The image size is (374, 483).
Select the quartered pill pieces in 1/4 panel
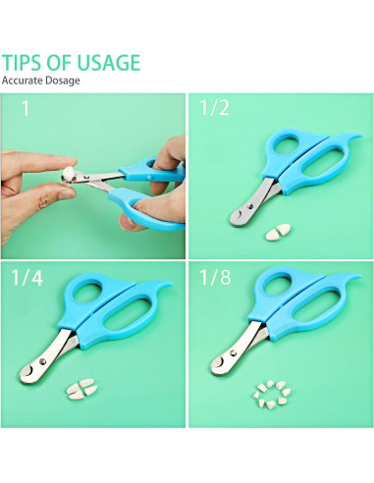[x=79, y=390]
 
